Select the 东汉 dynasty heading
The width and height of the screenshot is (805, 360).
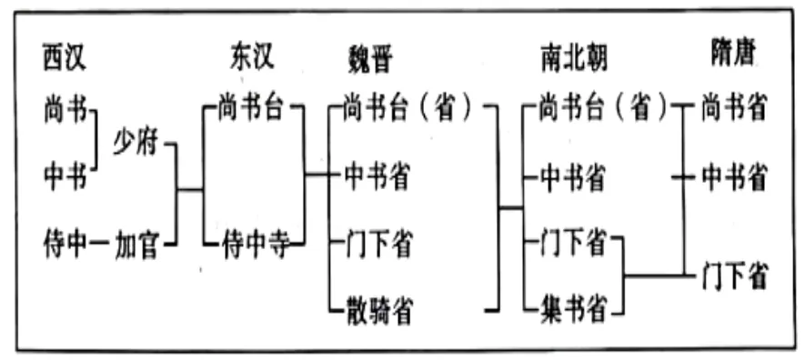247,57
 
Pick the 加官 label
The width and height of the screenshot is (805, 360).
136,243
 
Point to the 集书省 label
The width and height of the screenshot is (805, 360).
572,309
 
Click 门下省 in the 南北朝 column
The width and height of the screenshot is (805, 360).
572,244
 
